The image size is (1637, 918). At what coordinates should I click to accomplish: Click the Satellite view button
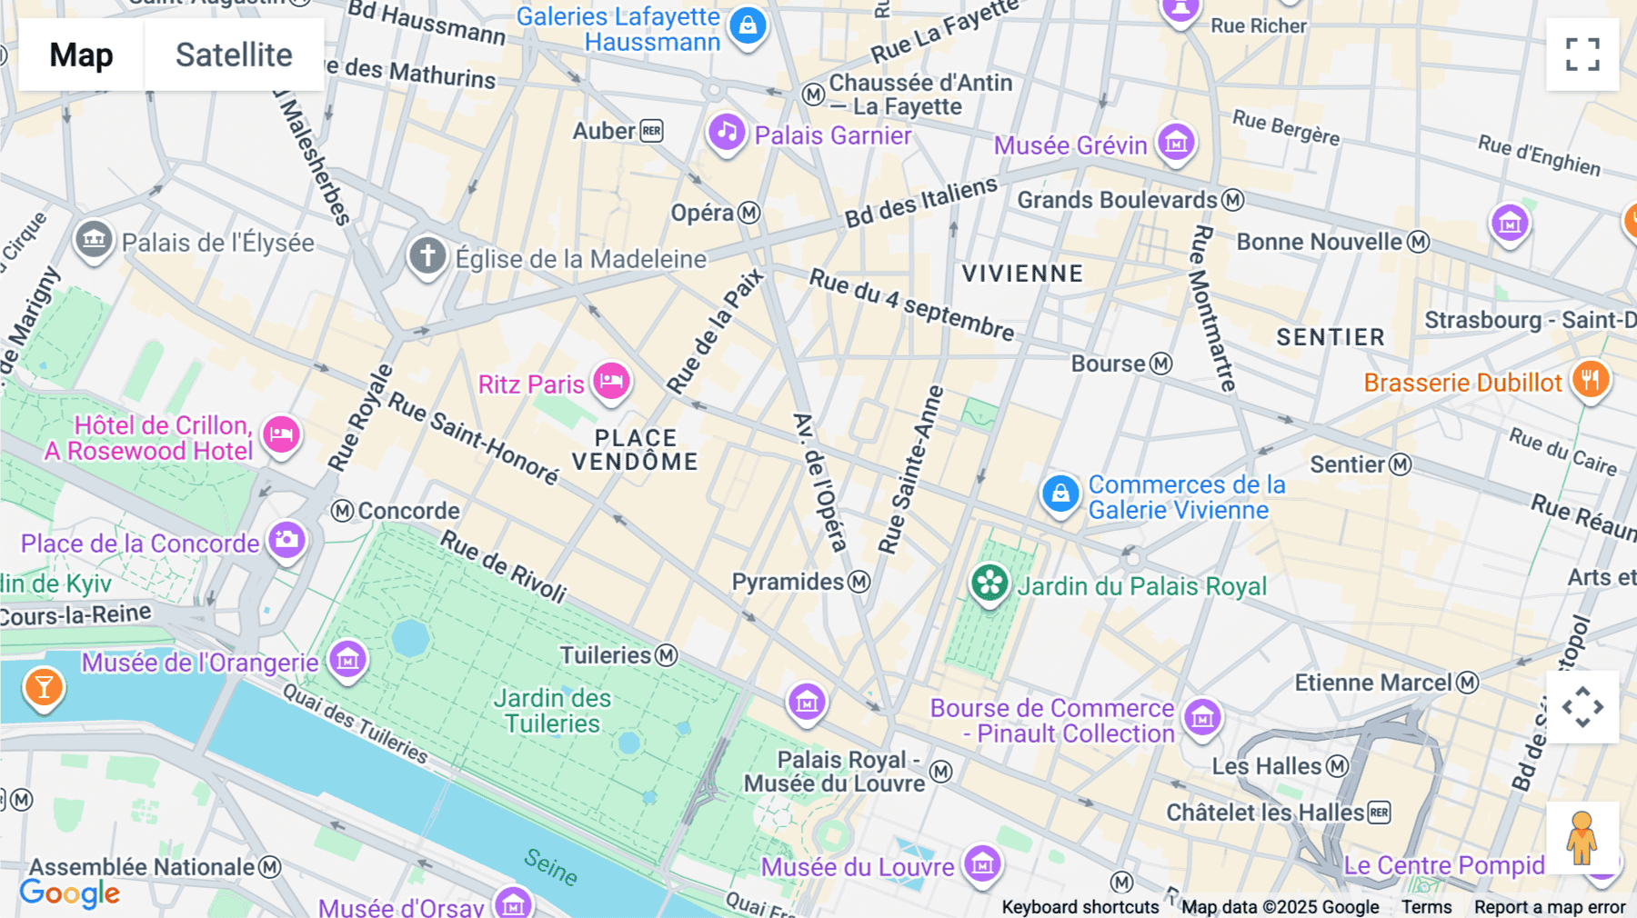pos(234,55)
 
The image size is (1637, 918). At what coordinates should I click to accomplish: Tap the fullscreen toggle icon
pos(1582,55)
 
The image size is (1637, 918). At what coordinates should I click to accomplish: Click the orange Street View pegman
pos(1582,838)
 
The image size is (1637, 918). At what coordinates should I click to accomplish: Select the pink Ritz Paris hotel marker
pos(612,380)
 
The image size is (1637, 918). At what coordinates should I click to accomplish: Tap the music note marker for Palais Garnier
pos(727,133)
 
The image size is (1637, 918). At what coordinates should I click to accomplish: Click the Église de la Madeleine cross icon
pos(427,255)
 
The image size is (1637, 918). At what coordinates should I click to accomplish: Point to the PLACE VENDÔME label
pos(635,450)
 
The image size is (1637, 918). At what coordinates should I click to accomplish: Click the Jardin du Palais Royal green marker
pos(989,583)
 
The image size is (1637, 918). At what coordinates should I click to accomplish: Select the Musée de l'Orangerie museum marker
pos(347,659)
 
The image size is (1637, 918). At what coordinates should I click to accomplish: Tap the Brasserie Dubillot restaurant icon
pos(1590,378)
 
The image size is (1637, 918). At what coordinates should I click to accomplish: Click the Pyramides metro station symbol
pos(859,582)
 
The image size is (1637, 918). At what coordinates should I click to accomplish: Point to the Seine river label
pos(551,866)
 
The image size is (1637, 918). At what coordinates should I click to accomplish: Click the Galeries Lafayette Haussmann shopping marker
pos(748,25)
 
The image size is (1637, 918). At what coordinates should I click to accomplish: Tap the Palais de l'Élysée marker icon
pos(94,240)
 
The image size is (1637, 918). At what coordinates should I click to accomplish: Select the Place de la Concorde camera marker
pos(286,540)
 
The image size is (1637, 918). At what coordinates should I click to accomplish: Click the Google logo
pos(70,893)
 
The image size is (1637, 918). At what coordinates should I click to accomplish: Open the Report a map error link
pos(1549,907)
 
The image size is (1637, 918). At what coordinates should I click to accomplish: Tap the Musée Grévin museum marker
pos(1176,142)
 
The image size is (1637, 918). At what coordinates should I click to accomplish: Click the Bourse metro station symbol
pos(1160,364)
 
